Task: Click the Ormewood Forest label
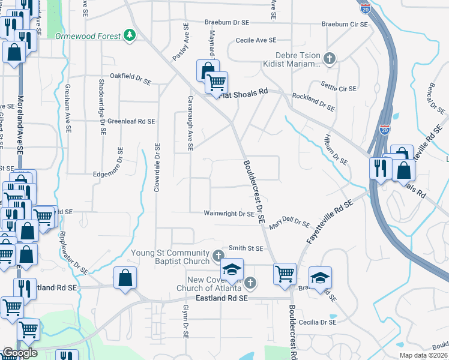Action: [88, 36]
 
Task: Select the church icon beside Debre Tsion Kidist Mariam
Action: [328, 58]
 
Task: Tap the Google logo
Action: [20, 353]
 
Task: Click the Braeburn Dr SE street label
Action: [226, 22]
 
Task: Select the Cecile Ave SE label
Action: [256, 40]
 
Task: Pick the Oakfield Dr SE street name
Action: [130, 77]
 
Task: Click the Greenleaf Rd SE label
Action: [131, 121]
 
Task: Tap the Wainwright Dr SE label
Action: [229, 213]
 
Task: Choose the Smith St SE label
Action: [246, 248]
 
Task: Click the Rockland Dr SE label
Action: [313, 101]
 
